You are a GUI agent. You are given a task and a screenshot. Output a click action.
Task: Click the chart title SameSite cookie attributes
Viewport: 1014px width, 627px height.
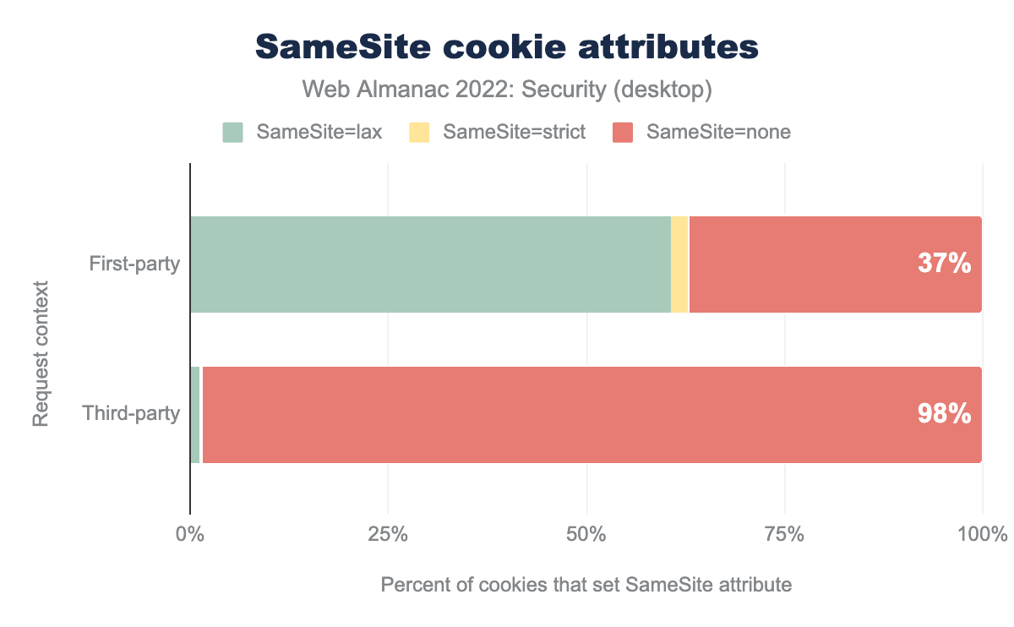[x=507, y=47]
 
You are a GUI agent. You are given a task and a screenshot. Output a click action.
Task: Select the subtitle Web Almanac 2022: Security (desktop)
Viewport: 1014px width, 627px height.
[x=507, y=89]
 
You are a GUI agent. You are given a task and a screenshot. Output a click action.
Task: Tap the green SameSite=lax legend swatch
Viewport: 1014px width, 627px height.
[x=232, y=133]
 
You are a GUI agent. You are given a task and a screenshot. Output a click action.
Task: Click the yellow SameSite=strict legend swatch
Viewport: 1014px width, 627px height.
[x=419, y=133]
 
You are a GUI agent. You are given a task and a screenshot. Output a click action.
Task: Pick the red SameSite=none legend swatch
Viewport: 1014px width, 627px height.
[x=623, y=133]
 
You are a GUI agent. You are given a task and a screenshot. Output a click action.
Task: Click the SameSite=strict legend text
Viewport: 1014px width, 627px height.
[x=514, y=133]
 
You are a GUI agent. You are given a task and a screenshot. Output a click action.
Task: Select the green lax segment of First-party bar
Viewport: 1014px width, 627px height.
[x=430, y=264]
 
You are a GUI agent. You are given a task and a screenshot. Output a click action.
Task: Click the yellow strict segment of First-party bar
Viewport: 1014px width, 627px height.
[x=679, y=264]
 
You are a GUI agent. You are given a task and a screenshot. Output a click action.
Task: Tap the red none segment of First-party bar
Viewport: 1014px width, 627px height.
[x=803, y=264]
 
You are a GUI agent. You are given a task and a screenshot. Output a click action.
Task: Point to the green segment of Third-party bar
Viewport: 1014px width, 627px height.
[x=195, y=415]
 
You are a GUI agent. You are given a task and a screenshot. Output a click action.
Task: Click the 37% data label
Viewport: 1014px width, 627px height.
[x=944, y=264]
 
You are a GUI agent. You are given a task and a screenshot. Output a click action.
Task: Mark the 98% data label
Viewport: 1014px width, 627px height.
[x=944, y=415]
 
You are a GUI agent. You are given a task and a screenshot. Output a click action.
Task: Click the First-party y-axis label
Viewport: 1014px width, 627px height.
[x=134, y=264]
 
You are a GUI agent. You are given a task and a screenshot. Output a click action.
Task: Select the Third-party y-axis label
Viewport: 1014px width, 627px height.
[x=131, y=415]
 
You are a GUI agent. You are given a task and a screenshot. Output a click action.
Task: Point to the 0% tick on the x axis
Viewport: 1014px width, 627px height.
[x=190, y=535]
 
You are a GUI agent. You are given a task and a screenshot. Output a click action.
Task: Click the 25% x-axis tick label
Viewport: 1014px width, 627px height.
[x=388, y=535]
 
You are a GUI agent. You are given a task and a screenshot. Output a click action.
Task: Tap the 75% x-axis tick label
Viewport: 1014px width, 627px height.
[x=785, y=535]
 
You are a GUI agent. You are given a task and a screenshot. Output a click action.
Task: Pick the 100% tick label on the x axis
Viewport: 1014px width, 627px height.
[x=983, y=535]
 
